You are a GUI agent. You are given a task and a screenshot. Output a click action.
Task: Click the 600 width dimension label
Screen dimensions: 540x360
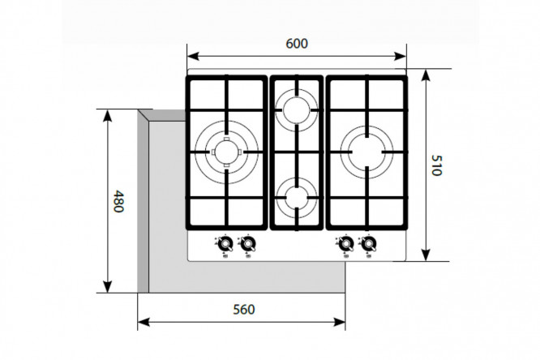coord(297,44)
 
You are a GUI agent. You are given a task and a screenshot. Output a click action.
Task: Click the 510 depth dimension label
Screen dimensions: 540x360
coord(437,165)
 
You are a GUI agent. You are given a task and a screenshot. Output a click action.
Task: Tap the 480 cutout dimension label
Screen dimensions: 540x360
coord(118,201)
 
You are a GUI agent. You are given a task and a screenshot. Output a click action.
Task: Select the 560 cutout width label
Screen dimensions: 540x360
coord(244,310)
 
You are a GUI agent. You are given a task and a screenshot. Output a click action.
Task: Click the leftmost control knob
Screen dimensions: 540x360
coord(225,244)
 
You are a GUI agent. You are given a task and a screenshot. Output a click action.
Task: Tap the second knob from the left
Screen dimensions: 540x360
coord(248,244)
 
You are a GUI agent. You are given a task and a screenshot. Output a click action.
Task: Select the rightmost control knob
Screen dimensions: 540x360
coord(368,244)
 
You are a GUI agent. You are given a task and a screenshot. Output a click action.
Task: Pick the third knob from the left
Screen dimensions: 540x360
coord(345,244)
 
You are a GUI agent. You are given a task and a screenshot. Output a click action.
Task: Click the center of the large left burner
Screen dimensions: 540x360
coord(226,152)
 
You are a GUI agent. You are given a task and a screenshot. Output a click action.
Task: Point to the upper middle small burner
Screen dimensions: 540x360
coord(296,110)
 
